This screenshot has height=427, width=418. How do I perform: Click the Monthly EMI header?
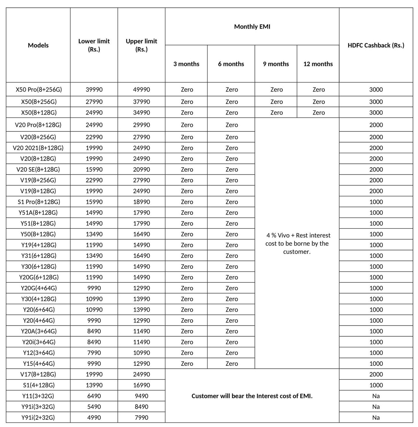point(252,27)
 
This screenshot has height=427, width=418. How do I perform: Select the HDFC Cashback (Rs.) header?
point(376,45)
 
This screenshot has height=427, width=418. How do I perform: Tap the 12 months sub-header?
point(318,64)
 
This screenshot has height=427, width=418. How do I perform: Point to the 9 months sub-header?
point(276,64)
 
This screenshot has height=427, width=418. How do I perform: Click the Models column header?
point(38,45)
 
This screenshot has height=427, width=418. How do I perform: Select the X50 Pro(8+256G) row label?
point(39,89)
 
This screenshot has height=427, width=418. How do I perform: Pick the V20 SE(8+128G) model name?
point(38,170)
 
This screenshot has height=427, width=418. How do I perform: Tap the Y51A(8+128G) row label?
point(38,212)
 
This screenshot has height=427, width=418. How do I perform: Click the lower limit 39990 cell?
point(94,89)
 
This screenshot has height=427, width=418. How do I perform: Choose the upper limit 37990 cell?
point(141,102)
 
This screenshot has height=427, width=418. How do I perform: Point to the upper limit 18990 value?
point(141,202)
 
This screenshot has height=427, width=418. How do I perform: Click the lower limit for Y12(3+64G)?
point(94,353)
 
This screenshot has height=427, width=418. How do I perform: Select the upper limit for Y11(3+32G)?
point(141,396)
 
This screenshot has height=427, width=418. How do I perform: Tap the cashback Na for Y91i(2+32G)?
point(376,417)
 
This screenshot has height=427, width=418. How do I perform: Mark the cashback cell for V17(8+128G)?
point(376,374)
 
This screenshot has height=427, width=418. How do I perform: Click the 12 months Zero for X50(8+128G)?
point(318,113)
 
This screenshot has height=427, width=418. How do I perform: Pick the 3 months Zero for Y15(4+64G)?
point(187,363)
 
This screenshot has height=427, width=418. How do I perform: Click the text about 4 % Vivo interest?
point(297,243)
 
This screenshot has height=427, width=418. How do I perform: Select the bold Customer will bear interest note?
point(252,396)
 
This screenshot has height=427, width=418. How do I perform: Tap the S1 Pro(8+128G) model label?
point(39,202)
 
